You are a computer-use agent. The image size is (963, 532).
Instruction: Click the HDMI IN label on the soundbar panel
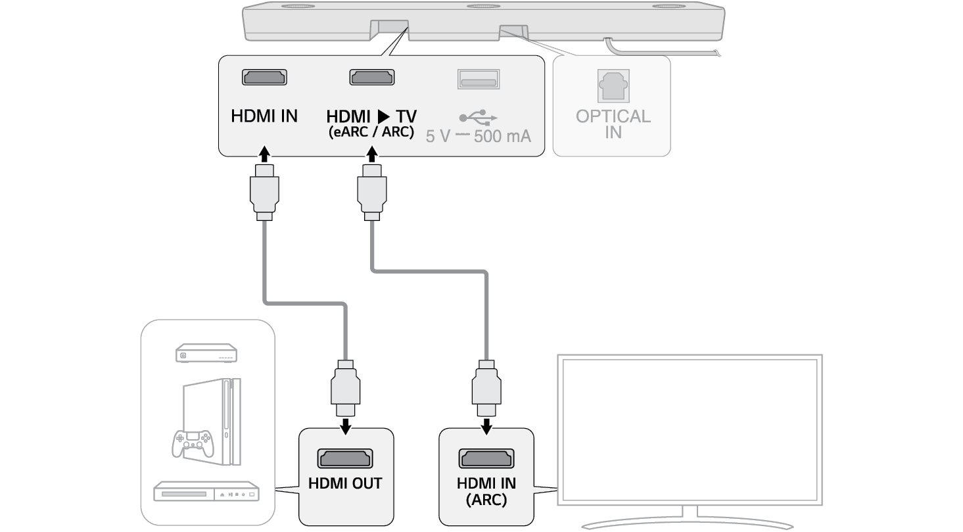pyautogui.click(x=264, y=117)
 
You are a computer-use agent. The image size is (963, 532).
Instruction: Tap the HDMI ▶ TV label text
pyautogui.click(x=371, y=117)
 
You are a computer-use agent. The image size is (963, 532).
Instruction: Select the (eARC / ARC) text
pyautogui.click(x=371, y=132)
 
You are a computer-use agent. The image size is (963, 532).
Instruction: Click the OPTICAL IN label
pyautogui.click(x=613, y=124)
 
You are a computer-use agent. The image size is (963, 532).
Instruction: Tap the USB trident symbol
pyautogui.click(x=479, y=118)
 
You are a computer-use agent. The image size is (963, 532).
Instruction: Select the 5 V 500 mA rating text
pyautogui.click(x=478, y=137)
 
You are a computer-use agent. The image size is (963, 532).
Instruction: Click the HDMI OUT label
pyautogui.click(x=345, y=483)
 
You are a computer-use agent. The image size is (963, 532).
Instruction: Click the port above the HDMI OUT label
pyautogui.click(x=345, y=458)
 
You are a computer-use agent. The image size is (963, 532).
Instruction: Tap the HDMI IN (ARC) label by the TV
pyautogui.click(x=486, y=491)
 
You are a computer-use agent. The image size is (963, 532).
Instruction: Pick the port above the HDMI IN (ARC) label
pyautogui.click(x=486, y=458)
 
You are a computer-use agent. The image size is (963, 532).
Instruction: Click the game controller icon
pyautogui.click(x=193, y=444)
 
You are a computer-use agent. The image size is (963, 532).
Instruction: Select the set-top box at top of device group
pyautogui.click(x=206, y=354)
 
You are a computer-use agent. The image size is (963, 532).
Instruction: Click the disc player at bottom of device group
pyautogui.click(x=206, y=493)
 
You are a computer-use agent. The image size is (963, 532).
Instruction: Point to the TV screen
pyautogui.click(x=689, y=431)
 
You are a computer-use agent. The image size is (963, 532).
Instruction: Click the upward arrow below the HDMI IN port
pyautogui.click(x=264, y=155)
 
